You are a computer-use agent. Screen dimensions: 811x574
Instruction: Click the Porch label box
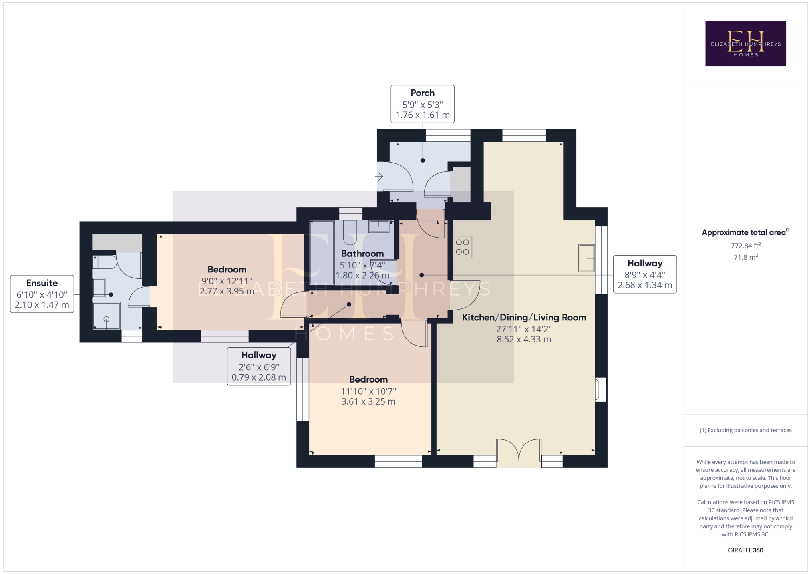[x=423, y=104]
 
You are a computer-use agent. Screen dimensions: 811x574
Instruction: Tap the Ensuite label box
[x=42, y=294]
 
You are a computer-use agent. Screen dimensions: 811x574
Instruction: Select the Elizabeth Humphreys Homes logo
[x=745, y=44]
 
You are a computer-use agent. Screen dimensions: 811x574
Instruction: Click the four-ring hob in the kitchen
[x=462, y=247]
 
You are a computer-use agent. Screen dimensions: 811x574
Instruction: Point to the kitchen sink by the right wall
[x=587, y=258]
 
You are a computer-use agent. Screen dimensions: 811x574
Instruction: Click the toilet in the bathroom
[x=350, y=232]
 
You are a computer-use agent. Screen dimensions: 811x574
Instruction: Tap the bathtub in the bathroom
[x=322, y=252]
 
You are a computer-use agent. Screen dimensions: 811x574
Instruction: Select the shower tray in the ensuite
[x=107, y=316]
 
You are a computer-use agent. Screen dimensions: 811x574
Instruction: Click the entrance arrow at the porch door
[x=379, y=176]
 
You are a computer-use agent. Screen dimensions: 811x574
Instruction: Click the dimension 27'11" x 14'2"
[x=524, y=329]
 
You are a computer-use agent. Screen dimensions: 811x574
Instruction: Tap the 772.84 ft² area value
[x=746, y=246]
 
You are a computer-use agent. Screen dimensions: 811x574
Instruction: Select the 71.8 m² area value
[x=746, y=257]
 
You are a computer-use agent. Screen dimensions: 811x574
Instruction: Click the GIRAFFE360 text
[x=746, y=550]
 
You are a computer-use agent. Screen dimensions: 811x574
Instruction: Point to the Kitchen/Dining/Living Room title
[x=524, y=318]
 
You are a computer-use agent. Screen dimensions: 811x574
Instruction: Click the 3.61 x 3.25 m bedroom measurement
[x=368, y=401]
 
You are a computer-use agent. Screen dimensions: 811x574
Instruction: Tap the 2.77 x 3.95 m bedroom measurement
[x=227, y=291]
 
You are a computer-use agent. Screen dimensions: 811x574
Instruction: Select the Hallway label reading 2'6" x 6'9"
[x=259, y=366]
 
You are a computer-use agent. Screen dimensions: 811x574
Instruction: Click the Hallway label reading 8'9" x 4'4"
[x=645, y=274]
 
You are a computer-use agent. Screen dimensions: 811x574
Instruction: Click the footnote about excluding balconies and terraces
[x=746, y=430]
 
